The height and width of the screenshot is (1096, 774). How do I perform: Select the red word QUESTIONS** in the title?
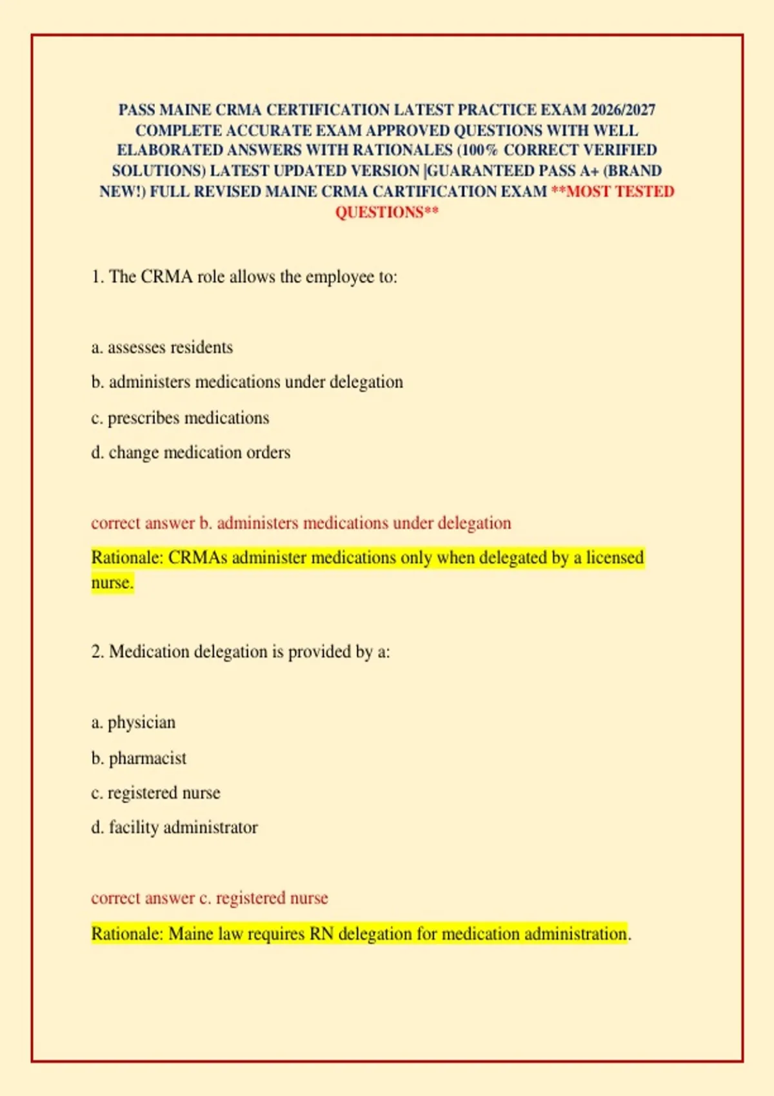click(387, 212)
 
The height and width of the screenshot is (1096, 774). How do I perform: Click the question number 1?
click(97, 277)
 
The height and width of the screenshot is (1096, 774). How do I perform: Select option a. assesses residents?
click(162, 347)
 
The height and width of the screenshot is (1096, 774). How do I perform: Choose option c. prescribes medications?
click(180, 418)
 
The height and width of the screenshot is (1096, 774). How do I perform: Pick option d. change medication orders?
click(190, 453)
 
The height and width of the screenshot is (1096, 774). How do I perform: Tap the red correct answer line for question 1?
click(301, 523)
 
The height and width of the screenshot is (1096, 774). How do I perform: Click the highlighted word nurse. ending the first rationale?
click(112, 583)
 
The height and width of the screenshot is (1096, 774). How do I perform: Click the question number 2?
click(97, 652)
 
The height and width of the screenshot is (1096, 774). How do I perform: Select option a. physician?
click(134, 723)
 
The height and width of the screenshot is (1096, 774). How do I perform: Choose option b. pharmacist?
click(139, 758)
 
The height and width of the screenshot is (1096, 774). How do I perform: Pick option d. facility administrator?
click(174, 827)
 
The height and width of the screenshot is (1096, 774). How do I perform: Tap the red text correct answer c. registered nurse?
click(210, 898)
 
